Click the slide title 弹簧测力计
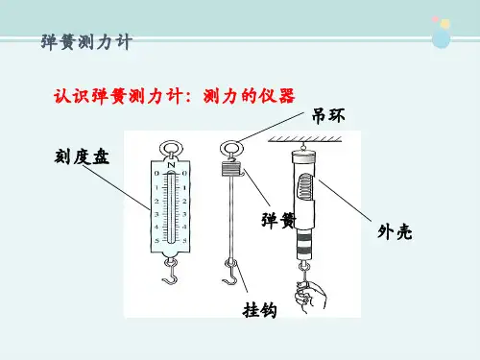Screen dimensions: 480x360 [x=86, y=42]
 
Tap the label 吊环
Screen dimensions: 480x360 [x=328, y=115]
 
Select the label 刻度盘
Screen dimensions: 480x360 [x=82, y=156]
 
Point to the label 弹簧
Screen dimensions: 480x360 [x=277, y=220]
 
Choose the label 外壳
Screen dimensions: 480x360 [x=395, y=231]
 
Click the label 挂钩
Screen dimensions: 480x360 [x=259, y=310]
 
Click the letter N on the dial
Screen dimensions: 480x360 [x=171, y=165]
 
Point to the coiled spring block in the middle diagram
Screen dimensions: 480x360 [x=230, y=169]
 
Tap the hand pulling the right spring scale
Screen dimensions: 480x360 [x=310, y=296]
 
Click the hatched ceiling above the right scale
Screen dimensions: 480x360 [x=305, y=138]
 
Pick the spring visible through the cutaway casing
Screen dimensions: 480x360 [x=305, y=187]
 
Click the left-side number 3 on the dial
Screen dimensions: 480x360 [x=156, y=214]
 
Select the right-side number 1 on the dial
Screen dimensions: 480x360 [x=184, y=187]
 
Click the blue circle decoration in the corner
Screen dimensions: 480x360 [x=441, y=38]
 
